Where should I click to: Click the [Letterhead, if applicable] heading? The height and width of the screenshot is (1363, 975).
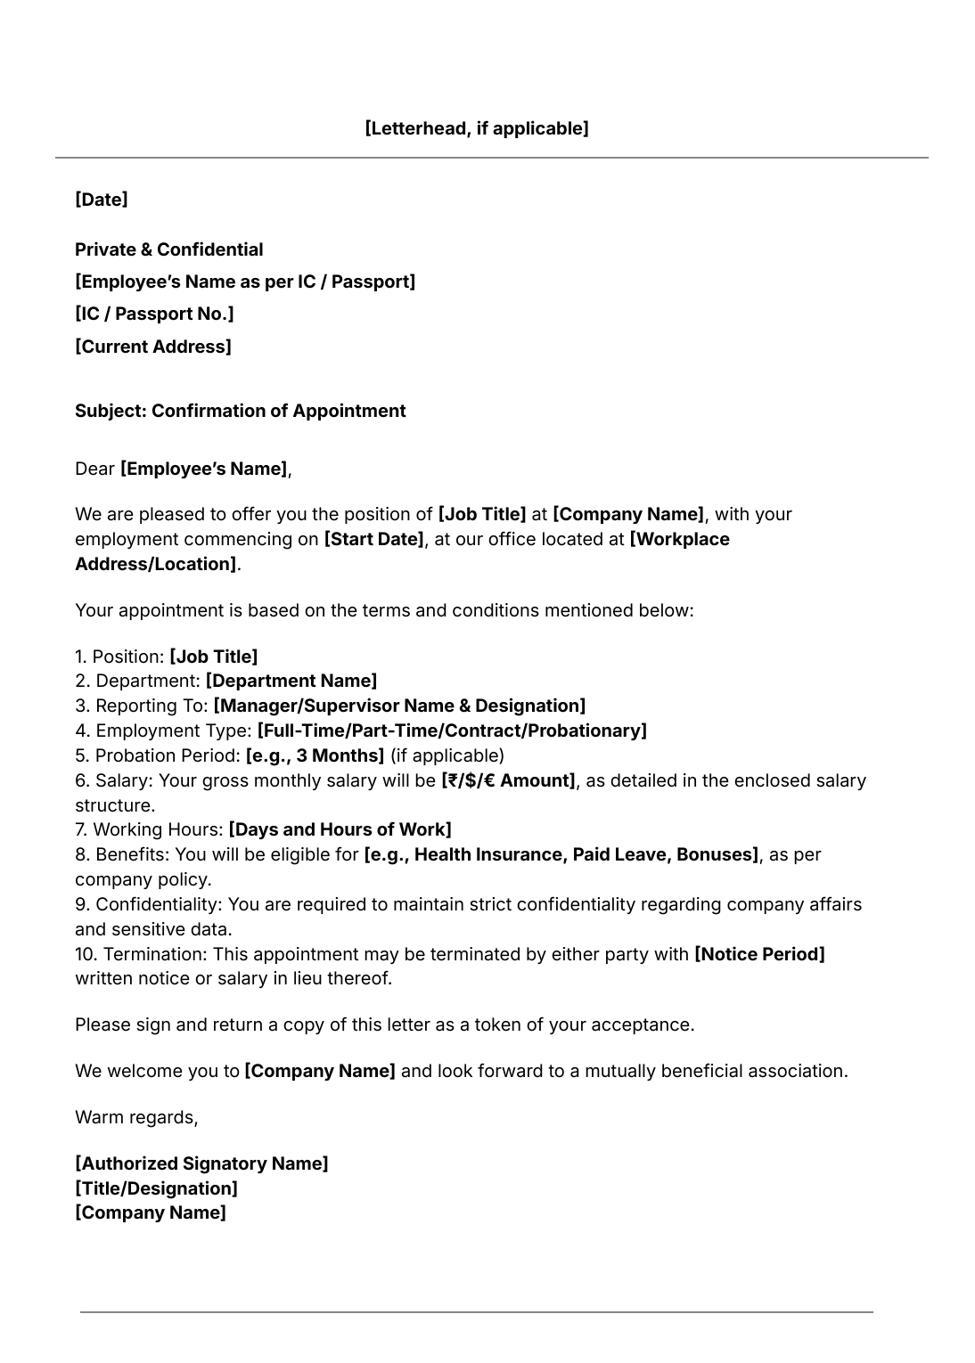tap(476, 128)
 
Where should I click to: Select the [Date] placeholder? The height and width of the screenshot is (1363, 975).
tap(101, 200)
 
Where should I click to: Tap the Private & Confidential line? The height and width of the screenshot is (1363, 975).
tap(168, 249)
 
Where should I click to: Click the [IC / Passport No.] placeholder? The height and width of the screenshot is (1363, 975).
tap(154, 314)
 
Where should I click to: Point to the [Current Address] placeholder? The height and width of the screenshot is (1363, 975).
tap(152, 347)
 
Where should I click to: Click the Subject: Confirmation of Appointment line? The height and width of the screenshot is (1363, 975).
tap(240, 411)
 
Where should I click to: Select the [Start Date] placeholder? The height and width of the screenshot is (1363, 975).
tap(373, 539)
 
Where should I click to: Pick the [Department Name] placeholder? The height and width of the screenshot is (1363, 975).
tap(291, 681)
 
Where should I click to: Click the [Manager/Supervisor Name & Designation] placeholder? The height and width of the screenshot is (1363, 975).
tap(399, 706)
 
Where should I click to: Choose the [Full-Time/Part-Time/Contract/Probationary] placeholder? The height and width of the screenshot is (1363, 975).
tap(452, 730)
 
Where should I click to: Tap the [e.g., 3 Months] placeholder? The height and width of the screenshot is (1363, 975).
tap(315, 755)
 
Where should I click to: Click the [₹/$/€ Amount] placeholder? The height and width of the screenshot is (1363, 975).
tap(508, 780)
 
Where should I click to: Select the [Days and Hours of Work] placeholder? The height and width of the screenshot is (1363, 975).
tap(340, 829)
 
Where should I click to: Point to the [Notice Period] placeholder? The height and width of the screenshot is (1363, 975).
tap(759, 954)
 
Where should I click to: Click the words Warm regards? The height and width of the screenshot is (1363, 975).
tap(135, 1117)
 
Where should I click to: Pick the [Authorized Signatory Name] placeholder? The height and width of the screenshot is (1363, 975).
tap(201, 1163)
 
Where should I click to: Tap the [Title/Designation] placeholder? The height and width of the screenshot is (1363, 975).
tap(156, 1188)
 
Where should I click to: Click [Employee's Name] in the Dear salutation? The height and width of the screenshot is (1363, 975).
tap(204, 469)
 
